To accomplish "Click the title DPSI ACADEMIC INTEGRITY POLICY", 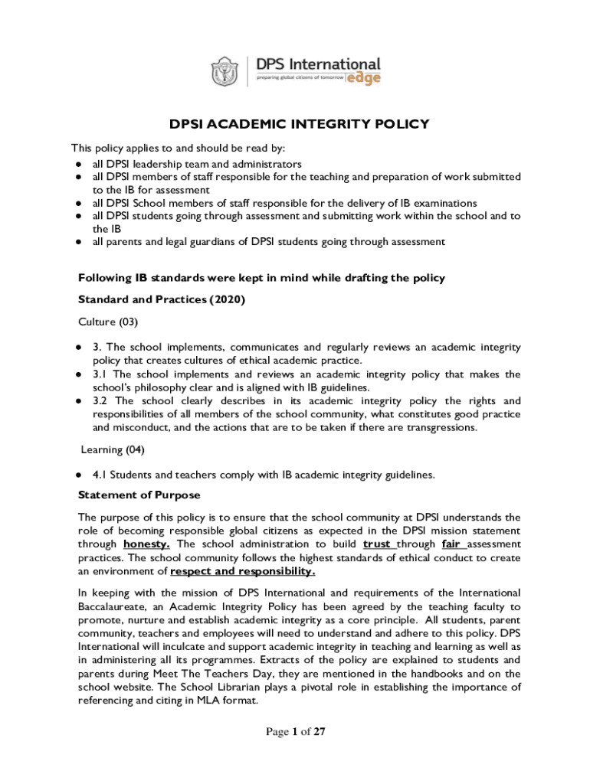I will [x=299, y=124].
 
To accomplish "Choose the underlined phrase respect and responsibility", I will [x=242, y=571].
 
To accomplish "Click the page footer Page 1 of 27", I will [x=296, y=732].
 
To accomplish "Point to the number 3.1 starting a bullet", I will [x=100, y=374].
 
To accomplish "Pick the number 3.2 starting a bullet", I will [x=100, y=401].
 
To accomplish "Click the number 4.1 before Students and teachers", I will [x=100, y=475].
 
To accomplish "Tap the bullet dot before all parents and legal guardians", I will [x=78, y=242].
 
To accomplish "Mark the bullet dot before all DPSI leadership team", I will [x=78, y=164].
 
